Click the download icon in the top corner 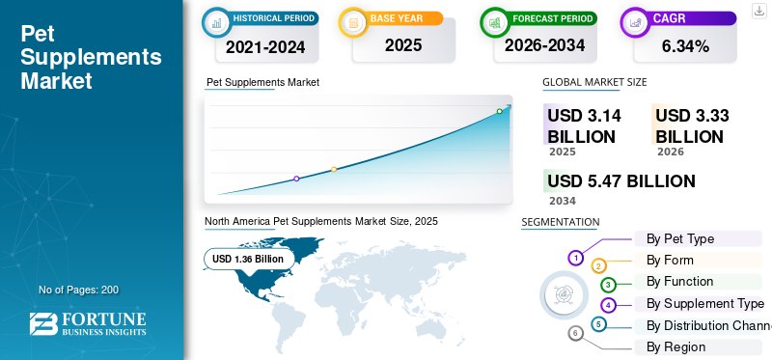point(758,11)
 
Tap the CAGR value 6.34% point(685,46)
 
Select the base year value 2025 point(403,45)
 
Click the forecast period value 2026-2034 point(544,45)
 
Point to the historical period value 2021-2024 point(265,46)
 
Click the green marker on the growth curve point(499,111)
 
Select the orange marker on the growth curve point(334,170)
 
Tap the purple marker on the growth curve point(296,179)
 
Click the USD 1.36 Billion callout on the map point(248,259)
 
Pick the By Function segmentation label point(679,281)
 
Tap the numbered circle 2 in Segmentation point(598,266)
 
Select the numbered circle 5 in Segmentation point(597,324)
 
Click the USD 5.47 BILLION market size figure point(621,181)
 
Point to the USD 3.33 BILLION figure point(692,126)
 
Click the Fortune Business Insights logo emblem point(43,323)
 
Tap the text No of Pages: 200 point(79,290)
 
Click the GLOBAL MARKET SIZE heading point(594,82)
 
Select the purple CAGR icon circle point(635,22)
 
